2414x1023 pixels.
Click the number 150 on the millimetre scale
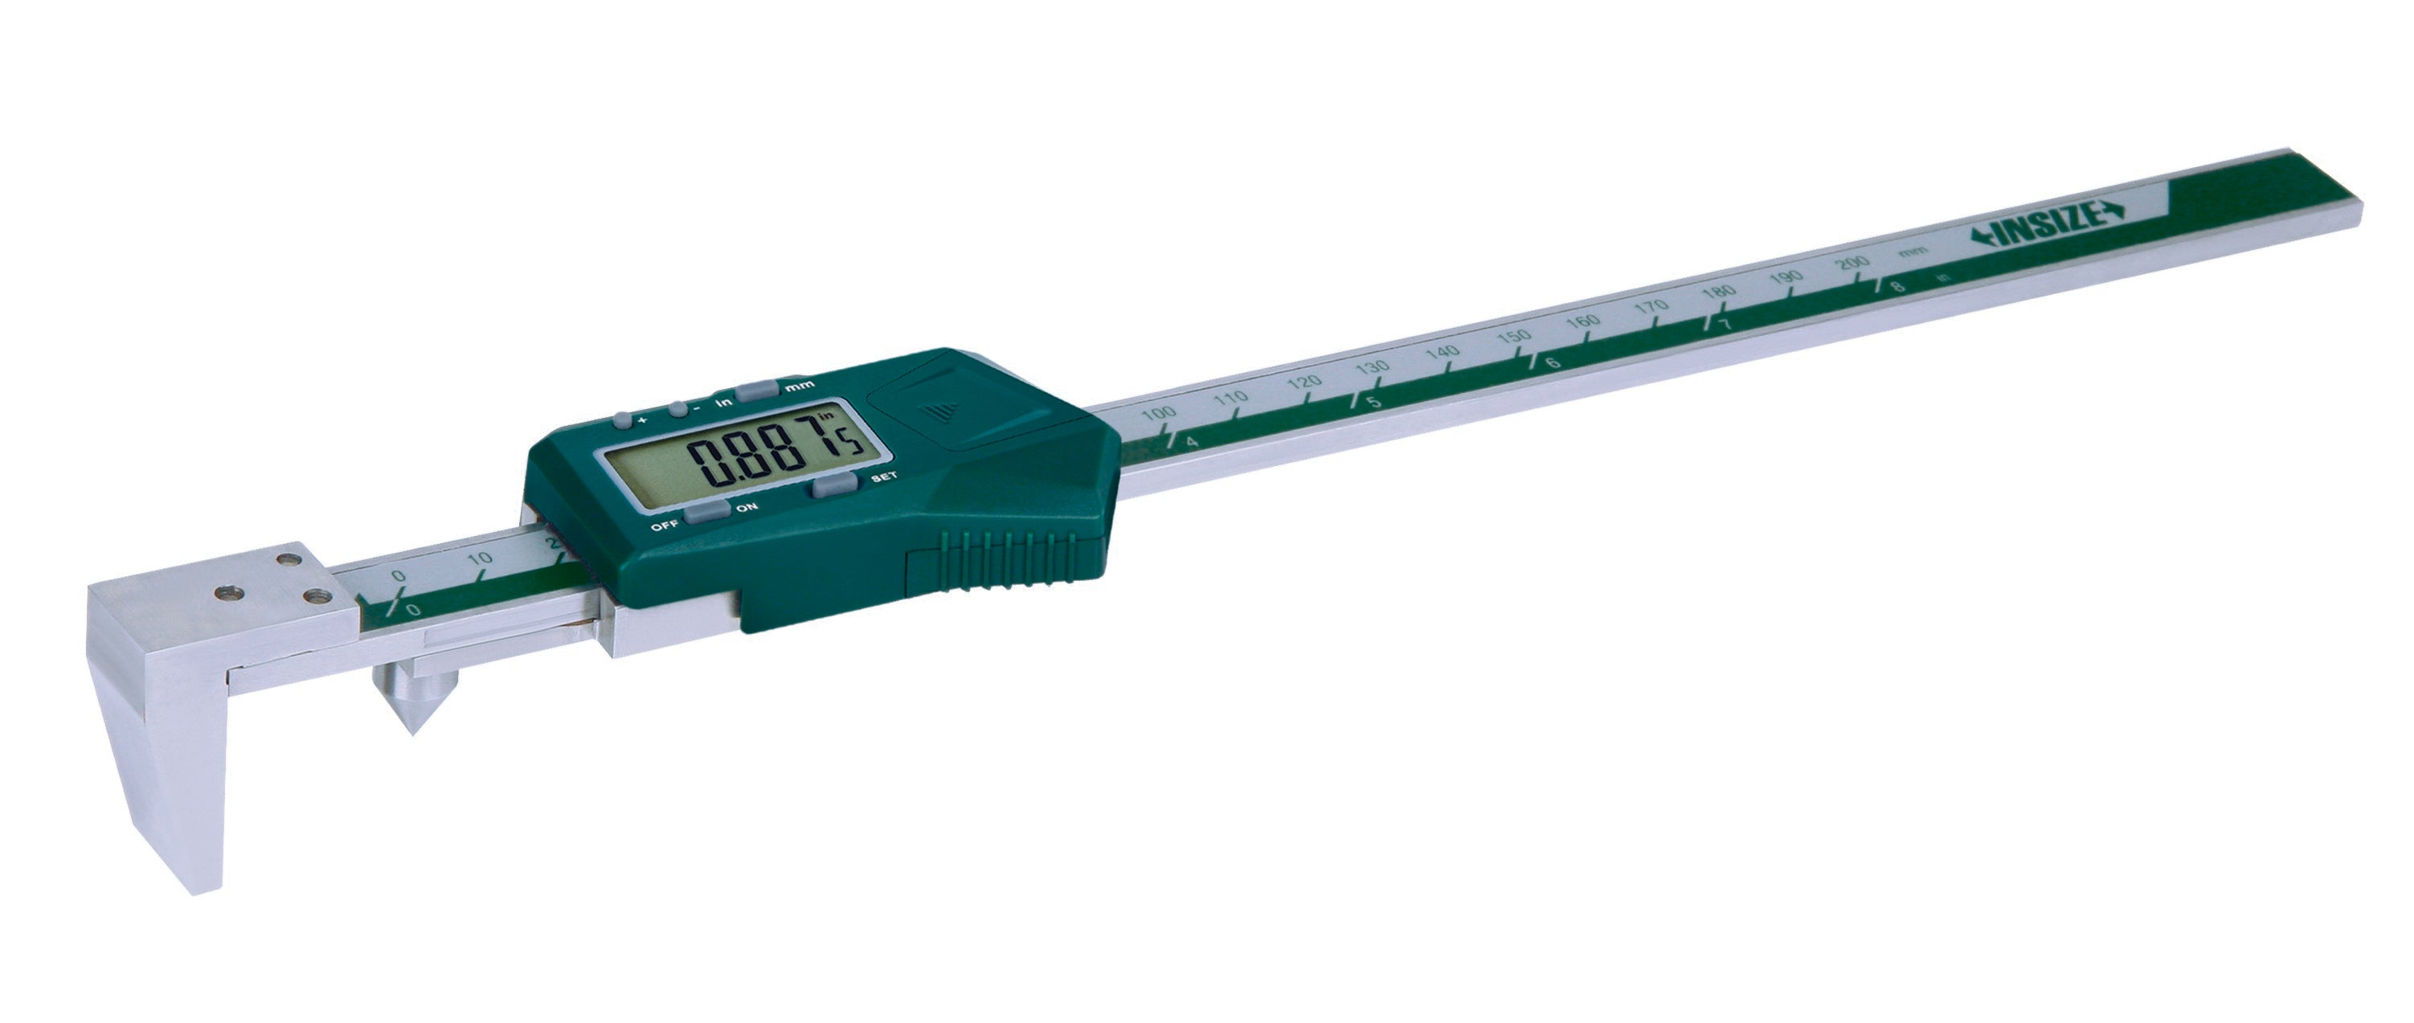coord(1514,338)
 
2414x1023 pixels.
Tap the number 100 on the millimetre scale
coord(1160,413)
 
